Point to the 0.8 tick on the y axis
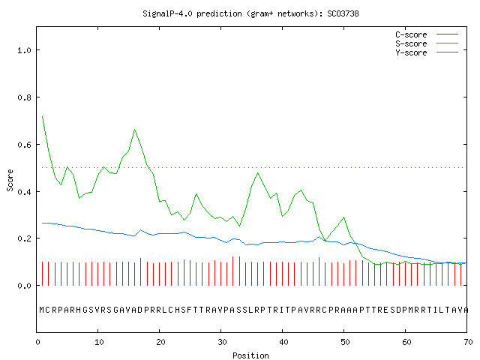pos(24,97)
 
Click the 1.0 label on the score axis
pos(24,50)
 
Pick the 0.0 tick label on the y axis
pos(24,286)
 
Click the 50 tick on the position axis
pos(345,342)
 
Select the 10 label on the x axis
pos(99,342)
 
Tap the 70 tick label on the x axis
pos(468,342)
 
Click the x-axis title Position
pos(250,355)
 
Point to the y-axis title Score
pos(10,180)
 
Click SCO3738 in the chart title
pos(343,13)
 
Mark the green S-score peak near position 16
pos(135,130)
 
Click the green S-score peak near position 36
pos(258,173)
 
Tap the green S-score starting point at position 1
pos(42,117)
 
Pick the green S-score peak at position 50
pos(343,217)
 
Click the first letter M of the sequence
pos(42,310)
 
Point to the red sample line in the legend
pos(447,34)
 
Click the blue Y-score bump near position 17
pos(141,230)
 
